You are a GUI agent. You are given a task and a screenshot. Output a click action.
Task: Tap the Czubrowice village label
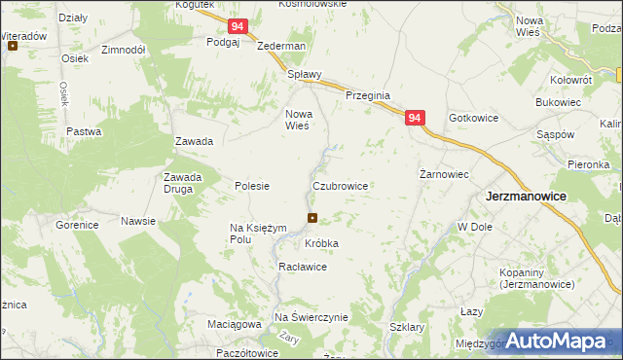340,185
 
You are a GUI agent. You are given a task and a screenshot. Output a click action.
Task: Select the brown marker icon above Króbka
311,218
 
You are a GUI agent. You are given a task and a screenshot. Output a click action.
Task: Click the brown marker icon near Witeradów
13,46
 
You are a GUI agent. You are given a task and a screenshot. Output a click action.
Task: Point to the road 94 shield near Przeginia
415,118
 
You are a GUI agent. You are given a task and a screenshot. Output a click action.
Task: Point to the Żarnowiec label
444,175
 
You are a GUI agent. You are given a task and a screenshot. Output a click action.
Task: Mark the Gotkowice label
474,118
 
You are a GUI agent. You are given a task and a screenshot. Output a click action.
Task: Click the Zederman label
281,46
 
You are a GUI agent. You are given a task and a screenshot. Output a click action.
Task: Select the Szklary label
406,328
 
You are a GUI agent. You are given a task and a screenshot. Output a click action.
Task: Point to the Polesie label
252,185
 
